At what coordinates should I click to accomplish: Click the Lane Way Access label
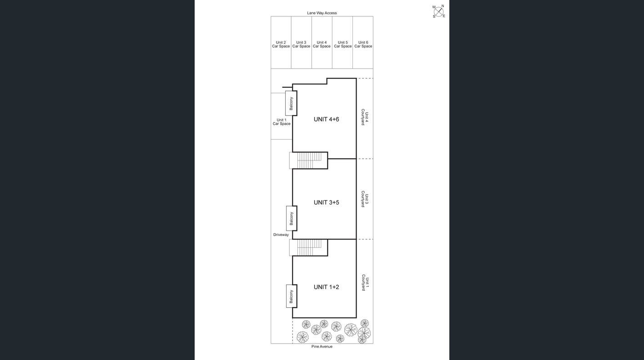[322, 13]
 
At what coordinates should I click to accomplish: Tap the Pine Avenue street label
[322, 346]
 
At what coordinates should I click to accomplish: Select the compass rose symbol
[438, 11]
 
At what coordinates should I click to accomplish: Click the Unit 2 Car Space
[281, 45]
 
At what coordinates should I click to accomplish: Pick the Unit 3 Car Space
[301, 45]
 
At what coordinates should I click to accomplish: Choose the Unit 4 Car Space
[322, 45]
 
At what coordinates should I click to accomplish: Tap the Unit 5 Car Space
[342, 45]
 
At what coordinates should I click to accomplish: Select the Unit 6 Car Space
[363, 45]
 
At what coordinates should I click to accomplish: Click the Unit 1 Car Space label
[282, 122]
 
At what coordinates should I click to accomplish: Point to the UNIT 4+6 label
[326, 120]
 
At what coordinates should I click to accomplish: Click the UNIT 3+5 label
[326, 202]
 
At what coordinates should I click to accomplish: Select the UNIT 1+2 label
[326, 287]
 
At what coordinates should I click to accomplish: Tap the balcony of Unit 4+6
[291, 103]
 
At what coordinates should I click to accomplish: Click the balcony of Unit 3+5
[292, 218]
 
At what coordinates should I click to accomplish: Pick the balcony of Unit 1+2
[292, 296]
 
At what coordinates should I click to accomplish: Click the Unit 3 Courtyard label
[365, 199]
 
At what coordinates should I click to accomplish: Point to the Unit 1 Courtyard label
[365, 283]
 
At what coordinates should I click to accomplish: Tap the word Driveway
[281, 235]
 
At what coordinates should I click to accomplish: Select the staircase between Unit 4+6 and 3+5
[309, 160]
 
